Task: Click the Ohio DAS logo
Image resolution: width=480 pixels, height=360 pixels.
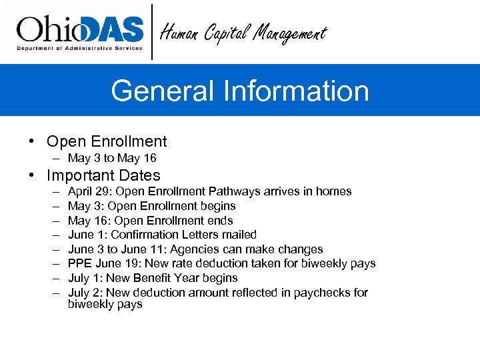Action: (80, 31)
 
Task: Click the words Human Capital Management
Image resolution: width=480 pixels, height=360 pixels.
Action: (243, 33)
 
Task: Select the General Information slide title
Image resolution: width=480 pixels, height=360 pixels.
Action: (240, 91)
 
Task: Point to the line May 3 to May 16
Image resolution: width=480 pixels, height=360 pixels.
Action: (112, 158)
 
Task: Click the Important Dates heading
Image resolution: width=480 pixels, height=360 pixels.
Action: (103, 176)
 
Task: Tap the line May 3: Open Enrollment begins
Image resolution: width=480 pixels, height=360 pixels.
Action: (151, 206)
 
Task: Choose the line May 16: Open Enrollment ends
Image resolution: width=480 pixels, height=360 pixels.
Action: (150, 221)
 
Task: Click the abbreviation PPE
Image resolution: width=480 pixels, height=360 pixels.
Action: (81, 264)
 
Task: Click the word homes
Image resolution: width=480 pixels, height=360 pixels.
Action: (333, 191)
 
